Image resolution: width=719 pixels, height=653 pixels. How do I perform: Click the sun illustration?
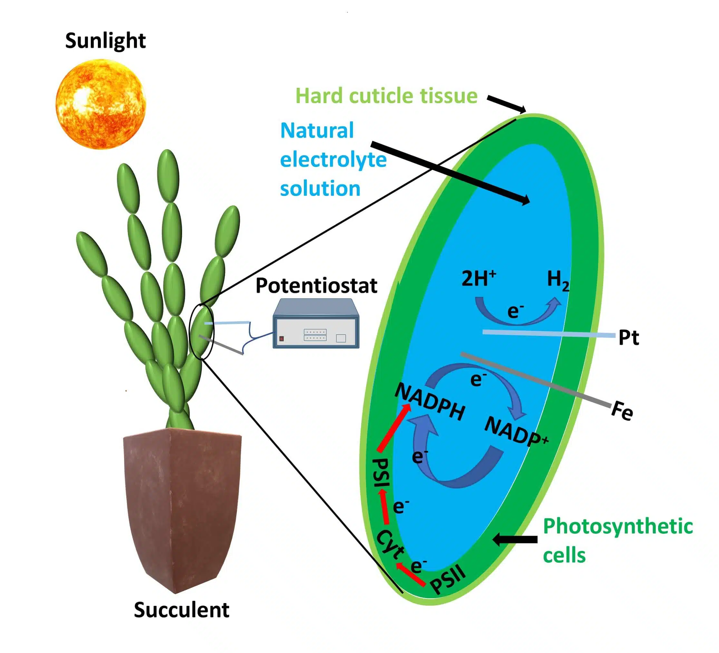(101, 104)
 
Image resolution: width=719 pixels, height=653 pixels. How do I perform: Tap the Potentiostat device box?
(316, 324)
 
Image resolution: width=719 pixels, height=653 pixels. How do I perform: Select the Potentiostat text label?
(316, 286)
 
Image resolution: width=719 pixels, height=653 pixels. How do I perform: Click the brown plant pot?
(182, 506)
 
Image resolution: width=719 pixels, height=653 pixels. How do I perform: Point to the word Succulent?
(181, 610)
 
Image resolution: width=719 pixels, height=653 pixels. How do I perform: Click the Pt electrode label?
(628, 337)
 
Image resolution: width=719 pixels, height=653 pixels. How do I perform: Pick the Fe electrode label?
(622, 411)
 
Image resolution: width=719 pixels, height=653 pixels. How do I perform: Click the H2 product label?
(558, 280)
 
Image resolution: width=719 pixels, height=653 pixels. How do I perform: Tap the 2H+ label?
(478, 278)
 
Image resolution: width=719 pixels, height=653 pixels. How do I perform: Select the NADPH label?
(430, 402)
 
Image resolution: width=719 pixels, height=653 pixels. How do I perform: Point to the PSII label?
(448, 580)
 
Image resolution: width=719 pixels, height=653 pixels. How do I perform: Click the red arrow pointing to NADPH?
(394, 428)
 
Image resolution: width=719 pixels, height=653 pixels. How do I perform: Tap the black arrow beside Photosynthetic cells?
(515, 540)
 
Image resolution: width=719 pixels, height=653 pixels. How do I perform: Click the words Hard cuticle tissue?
(386, 96)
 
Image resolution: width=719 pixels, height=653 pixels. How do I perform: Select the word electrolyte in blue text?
(333, 160)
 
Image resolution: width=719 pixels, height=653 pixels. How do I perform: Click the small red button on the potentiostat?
(281, 338)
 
